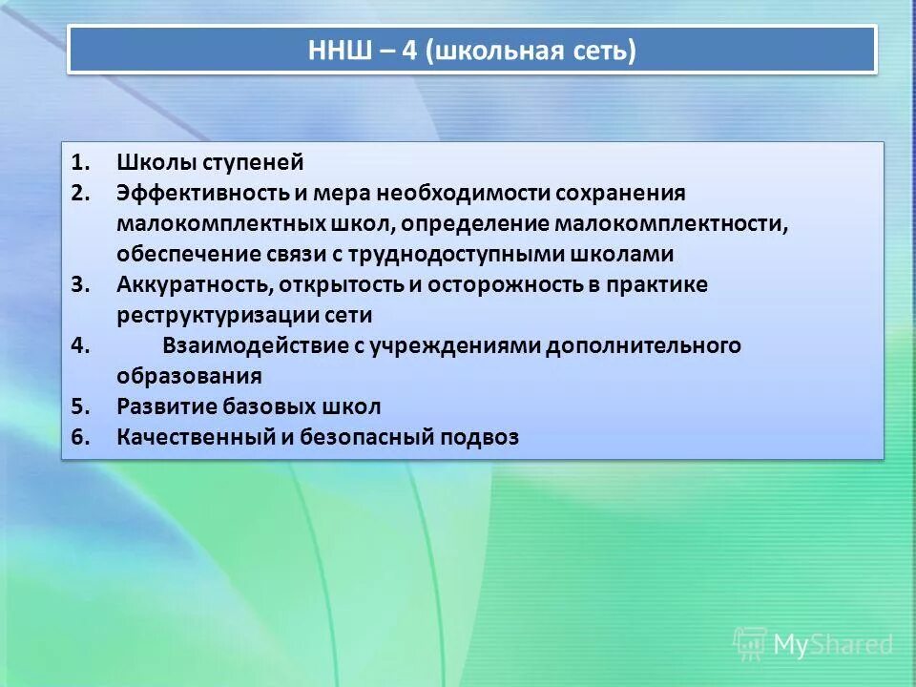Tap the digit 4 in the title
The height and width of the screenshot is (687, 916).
click(x=407, y=50)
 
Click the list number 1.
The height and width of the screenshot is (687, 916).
click(x=80, y=162)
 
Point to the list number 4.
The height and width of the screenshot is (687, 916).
click(x=80, y=345)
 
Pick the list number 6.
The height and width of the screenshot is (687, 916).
click(x=80, y=437)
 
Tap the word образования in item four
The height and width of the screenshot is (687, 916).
click(x=189, y=376)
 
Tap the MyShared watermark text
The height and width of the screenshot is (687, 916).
click(x=832, y=645)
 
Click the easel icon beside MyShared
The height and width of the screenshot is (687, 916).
click(x=750, y=645)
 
